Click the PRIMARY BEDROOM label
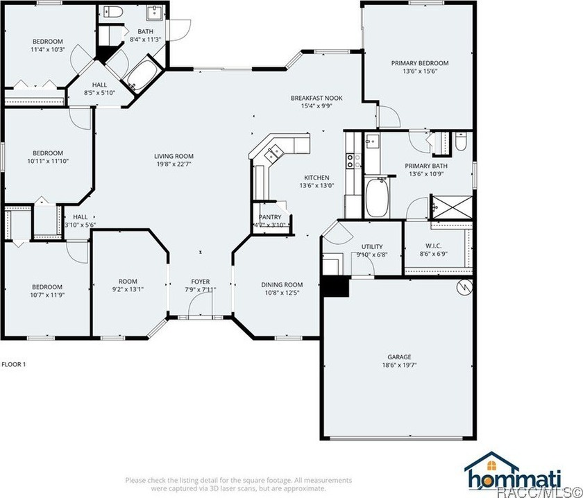click(x=420, y=63)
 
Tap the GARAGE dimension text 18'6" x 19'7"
click(x=399, y=365)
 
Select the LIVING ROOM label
click(x=174, y=156)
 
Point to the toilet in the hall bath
click(x=113, y=12)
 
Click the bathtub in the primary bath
click(x=377, y=198)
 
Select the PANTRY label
click(x=270, y=217)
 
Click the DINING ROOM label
click(x=282, y=284)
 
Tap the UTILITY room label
click(x=372, y=246)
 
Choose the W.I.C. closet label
click(x=433, y=246)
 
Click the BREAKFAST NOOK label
click(x=316, y=98)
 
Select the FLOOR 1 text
click(x=14, y=364)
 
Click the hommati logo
click(x=513, y=472)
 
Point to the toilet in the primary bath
click(x=461, y=141)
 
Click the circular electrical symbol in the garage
click(x=465, y=286)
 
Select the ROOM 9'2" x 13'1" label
click(x=128, y=285)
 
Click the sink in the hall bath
click(x=153, y=13)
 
